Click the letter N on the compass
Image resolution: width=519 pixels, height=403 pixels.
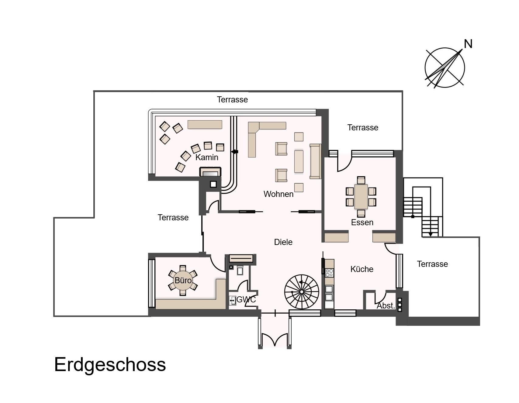point(468,44)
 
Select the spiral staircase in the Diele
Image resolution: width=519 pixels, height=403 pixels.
point(302,291)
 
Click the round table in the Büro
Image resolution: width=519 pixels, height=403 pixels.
point(183,280)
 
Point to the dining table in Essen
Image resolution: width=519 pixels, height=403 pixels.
point(361,197)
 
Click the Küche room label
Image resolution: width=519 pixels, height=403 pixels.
point(362,269)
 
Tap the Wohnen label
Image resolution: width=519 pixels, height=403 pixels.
point(279,194)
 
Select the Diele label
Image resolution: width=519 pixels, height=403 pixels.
point(283,242)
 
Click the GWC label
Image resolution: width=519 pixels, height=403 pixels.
point(246,299)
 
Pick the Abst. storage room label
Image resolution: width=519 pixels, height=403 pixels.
point(386,305)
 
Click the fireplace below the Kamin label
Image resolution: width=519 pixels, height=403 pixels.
point(210,172)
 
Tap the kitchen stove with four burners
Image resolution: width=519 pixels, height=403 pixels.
point(329,273)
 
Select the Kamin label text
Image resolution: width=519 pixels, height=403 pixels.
point(207,157)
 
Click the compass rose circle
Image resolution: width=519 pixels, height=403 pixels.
point(445,68)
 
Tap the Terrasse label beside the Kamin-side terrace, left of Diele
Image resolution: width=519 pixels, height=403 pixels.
point(173,217)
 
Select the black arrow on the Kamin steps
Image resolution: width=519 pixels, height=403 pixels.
point(234,151)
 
